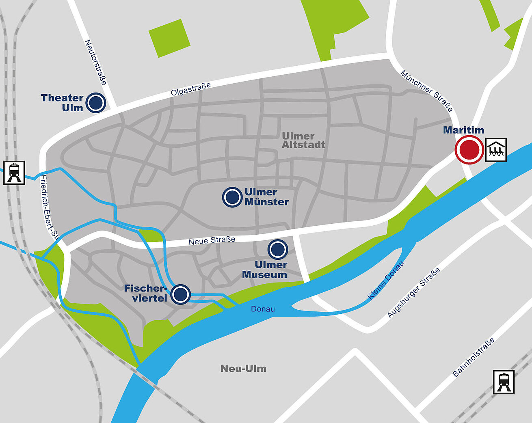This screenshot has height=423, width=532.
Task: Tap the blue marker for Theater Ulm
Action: click(x=97, y=103)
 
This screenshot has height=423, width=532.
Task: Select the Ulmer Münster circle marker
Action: click(x=232, y=197)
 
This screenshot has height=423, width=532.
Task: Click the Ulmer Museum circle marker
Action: click(x=278, y=249)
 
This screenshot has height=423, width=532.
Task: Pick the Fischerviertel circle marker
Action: click(x=180, y=294)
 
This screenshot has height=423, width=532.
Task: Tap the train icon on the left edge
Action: click(x=14, y=173)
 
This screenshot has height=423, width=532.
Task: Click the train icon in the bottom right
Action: click(x=504, y=382)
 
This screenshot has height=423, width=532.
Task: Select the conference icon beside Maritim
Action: click(x=496, y=150)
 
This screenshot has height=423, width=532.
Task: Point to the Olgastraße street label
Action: click(x=191, y=89)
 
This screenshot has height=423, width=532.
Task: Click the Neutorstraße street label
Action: click(x=96, y=62)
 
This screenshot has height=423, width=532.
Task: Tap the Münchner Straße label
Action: click(x=426, y=91)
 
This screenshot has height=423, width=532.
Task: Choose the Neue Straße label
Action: click(x=212, y=240)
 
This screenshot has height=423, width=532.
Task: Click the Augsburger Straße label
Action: click(x=413, y=293)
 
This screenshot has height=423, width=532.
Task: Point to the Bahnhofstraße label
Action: click(x=474, y=357)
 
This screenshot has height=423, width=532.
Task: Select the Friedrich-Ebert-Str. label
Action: click(x=50, y=207)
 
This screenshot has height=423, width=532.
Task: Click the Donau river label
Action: click(x=263, y=309)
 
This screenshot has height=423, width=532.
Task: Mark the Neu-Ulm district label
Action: click(x=243, y=369)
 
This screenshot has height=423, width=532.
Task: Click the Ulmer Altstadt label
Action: click(x=303, y=140)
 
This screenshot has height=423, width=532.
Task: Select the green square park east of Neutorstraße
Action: click(x=169, y=38)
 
